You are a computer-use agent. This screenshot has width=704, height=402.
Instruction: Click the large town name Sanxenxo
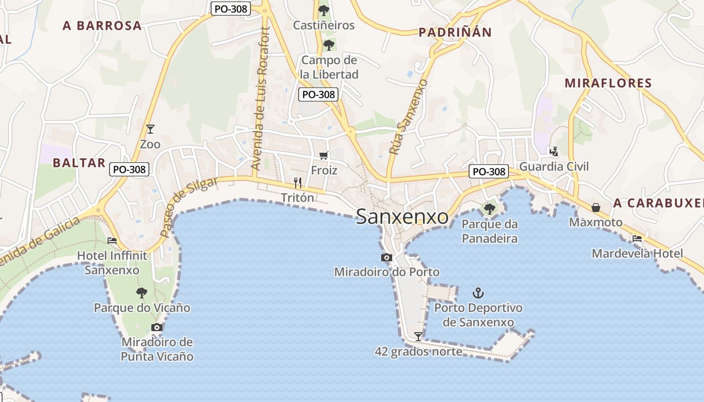click(x=402, y=217)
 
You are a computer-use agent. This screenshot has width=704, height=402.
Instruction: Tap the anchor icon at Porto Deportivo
click(x=478, y=292)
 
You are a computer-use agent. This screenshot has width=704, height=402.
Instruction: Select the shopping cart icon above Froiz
click(x=324, y=156)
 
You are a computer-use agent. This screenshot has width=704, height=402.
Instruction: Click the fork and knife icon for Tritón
click(x=298, y=182)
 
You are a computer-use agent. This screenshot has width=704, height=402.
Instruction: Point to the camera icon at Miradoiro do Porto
click(x=386, y=258)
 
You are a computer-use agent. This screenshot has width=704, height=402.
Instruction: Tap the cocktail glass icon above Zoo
click(x=150, y=129)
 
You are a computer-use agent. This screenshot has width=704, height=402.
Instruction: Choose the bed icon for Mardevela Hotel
click(x=637, y=239)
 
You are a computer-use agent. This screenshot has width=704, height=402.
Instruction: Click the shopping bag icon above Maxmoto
click(x=596, y=208)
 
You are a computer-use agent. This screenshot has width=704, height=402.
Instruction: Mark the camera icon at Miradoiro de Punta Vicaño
click(x=157, y=328)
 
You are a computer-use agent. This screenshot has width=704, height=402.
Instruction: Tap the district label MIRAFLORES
click(x=608, y=83)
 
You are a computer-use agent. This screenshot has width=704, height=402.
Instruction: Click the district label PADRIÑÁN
click(x=455, y=33)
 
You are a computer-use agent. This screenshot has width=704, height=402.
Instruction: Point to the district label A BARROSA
click(x=102, y=26)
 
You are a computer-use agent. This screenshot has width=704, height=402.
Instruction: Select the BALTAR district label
click(x=79, y=163)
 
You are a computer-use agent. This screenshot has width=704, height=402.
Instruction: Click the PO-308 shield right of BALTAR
click(x=130, y=169)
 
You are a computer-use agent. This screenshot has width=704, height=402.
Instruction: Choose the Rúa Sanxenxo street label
click(x=408, y=117)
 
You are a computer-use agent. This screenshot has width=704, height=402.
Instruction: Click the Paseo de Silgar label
click(x=189, y=207)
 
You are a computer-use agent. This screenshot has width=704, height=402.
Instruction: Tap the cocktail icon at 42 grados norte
click(x=418, y=336)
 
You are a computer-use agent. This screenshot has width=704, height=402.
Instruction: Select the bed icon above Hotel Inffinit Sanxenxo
click(x=112, y=241)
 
